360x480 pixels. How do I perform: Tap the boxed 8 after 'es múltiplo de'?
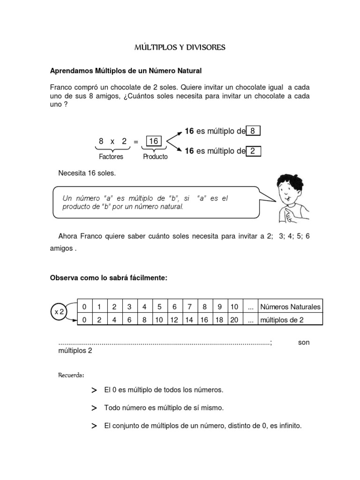253,132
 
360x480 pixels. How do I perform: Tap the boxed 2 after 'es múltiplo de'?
253,151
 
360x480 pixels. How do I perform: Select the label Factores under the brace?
111,157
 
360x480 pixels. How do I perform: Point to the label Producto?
155,157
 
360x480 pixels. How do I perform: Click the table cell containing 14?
189,320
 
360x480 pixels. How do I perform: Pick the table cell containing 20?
234,320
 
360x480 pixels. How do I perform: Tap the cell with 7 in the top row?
189,307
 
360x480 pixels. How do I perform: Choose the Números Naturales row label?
290,307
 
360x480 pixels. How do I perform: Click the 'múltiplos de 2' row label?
282,320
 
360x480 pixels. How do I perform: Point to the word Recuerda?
71,375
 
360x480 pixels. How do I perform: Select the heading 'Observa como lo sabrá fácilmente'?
109,278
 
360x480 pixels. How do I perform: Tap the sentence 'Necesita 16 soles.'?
87,173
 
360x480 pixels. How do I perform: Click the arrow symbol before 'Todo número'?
94,408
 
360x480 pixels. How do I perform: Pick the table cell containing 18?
219,320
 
